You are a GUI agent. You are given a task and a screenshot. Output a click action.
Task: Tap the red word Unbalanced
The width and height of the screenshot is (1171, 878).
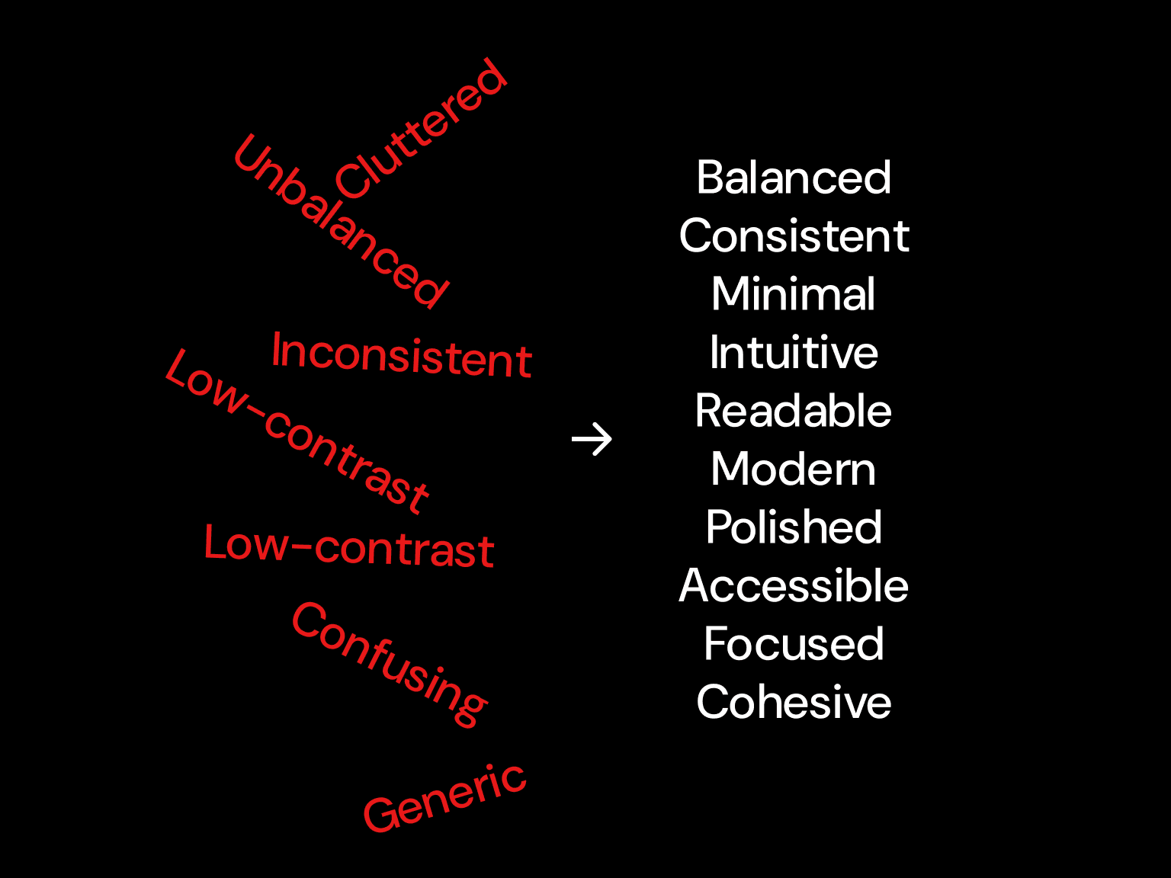coord(340,222)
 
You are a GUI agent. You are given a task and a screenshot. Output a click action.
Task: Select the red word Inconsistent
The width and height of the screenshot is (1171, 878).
coord(402,355)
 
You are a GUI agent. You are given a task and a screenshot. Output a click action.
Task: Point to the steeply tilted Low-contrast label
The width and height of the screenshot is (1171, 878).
coord(297,431)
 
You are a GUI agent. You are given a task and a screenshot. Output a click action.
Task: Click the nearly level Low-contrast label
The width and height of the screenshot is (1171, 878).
coord(349,547)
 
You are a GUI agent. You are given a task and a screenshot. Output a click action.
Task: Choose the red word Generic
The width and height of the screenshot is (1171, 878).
coord(444,798)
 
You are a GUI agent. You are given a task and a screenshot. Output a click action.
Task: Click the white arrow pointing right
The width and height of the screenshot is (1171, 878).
coord(592,440)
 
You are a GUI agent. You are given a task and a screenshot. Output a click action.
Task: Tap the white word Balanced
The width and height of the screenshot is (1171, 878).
coord(794,178)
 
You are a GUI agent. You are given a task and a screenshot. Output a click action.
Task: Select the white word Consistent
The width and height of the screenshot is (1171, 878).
coord(794,236)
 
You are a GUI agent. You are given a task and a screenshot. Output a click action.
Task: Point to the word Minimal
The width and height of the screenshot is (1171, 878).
coord(794,294)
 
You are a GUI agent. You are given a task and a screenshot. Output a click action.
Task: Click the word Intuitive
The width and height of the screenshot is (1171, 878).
coord(794,353)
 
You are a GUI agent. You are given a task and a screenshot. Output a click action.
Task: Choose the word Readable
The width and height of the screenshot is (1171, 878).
coord(794,411)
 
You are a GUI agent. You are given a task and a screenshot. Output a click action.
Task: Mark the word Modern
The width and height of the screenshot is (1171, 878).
coord(794,469)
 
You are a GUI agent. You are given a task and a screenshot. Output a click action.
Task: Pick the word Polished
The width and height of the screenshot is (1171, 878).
coord(794,527)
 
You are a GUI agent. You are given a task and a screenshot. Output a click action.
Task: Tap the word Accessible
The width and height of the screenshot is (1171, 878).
coord(794,585)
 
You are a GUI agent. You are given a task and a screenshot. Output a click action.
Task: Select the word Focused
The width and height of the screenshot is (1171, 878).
coord(794,644)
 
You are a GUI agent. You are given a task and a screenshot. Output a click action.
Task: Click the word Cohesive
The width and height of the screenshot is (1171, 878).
coord(794,702)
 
